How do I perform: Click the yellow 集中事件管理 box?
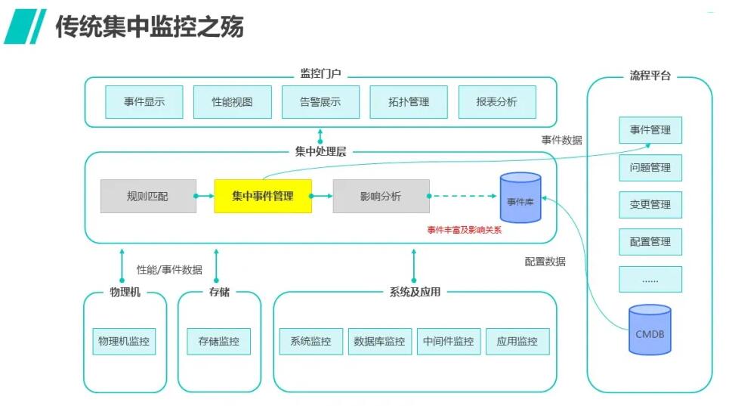[x=263, y=196]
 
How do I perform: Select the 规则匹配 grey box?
[x=148, y=196]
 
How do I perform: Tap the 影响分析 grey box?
[x=381, y=196]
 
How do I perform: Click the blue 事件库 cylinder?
[x=520, y=198]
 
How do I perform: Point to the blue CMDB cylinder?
[x=650, y=330]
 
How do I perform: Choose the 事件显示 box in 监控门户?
[x=144, y=102]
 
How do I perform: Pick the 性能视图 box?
[x=232, y=102]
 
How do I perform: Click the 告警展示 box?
[x=320, y=102]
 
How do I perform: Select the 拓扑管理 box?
[x=409, y=102]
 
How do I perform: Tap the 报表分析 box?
[x=497, y=102]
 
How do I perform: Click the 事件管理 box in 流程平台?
[x=650, y=130]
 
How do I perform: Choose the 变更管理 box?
[x=650, y=204]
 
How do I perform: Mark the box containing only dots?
[x=650, y=279]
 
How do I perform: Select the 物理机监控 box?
[x=124, y=342]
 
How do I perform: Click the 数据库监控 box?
[x=379, y=342]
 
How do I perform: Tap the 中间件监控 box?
[x=448, y=342]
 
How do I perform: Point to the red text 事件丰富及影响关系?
[x=464, y=230]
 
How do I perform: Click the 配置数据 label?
[x=545, y=262]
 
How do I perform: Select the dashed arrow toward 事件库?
[x=462, y=197]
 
